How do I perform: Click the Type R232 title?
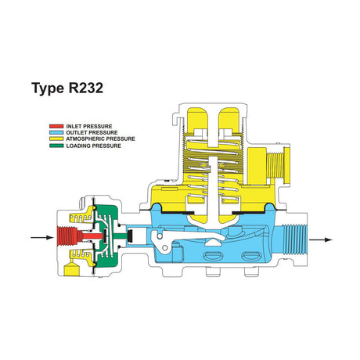(67, 88)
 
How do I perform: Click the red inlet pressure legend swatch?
(56, 126)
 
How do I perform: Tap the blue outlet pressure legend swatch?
(56, 132)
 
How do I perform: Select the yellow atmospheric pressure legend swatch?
(56, 139)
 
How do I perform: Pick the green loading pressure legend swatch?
(56, 146)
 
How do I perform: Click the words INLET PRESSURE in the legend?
(89, 126)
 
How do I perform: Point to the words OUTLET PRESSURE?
(92, 132)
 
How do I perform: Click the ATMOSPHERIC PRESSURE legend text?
(100, 139)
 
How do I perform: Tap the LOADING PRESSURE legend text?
(93, 146)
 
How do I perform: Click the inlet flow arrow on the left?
(42, 237)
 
